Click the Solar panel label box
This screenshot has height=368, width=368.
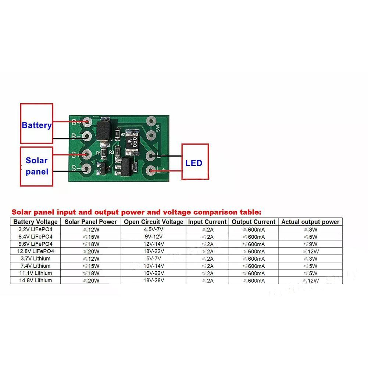click(x=36, y=167)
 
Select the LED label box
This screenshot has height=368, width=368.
click(x=195, y=162)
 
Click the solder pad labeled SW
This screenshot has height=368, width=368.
click(x=150, y=121)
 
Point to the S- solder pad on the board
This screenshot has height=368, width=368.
click(x=87, y=169)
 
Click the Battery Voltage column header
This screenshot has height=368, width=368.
click(x=35, y=222)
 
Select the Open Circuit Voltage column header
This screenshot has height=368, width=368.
click(x=153, y=222)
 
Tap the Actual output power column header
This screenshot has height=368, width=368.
click(x=310, y=222)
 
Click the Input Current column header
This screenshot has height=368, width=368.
click(x=207, y=222)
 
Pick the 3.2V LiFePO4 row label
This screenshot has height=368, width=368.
click(x=35, y=229)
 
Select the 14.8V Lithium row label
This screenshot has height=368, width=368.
click(x=35, y=280)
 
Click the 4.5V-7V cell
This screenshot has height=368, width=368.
click(x=153, y=229)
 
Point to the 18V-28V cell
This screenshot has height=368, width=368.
click(x=153, y=280)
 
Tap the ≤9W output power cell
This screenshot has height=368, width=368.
click(x=310, y=244)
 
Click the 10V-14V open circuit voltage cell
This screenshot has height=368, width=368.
click(x=153, y=266)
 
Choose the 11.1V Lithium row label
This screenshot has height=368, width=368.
click(x=35, y=273)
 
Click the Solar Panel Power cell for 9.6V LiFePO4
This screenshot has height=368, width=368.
click(x=90, y=244)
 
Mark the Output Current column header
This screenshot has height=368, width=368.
click(x=254, y=222)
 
